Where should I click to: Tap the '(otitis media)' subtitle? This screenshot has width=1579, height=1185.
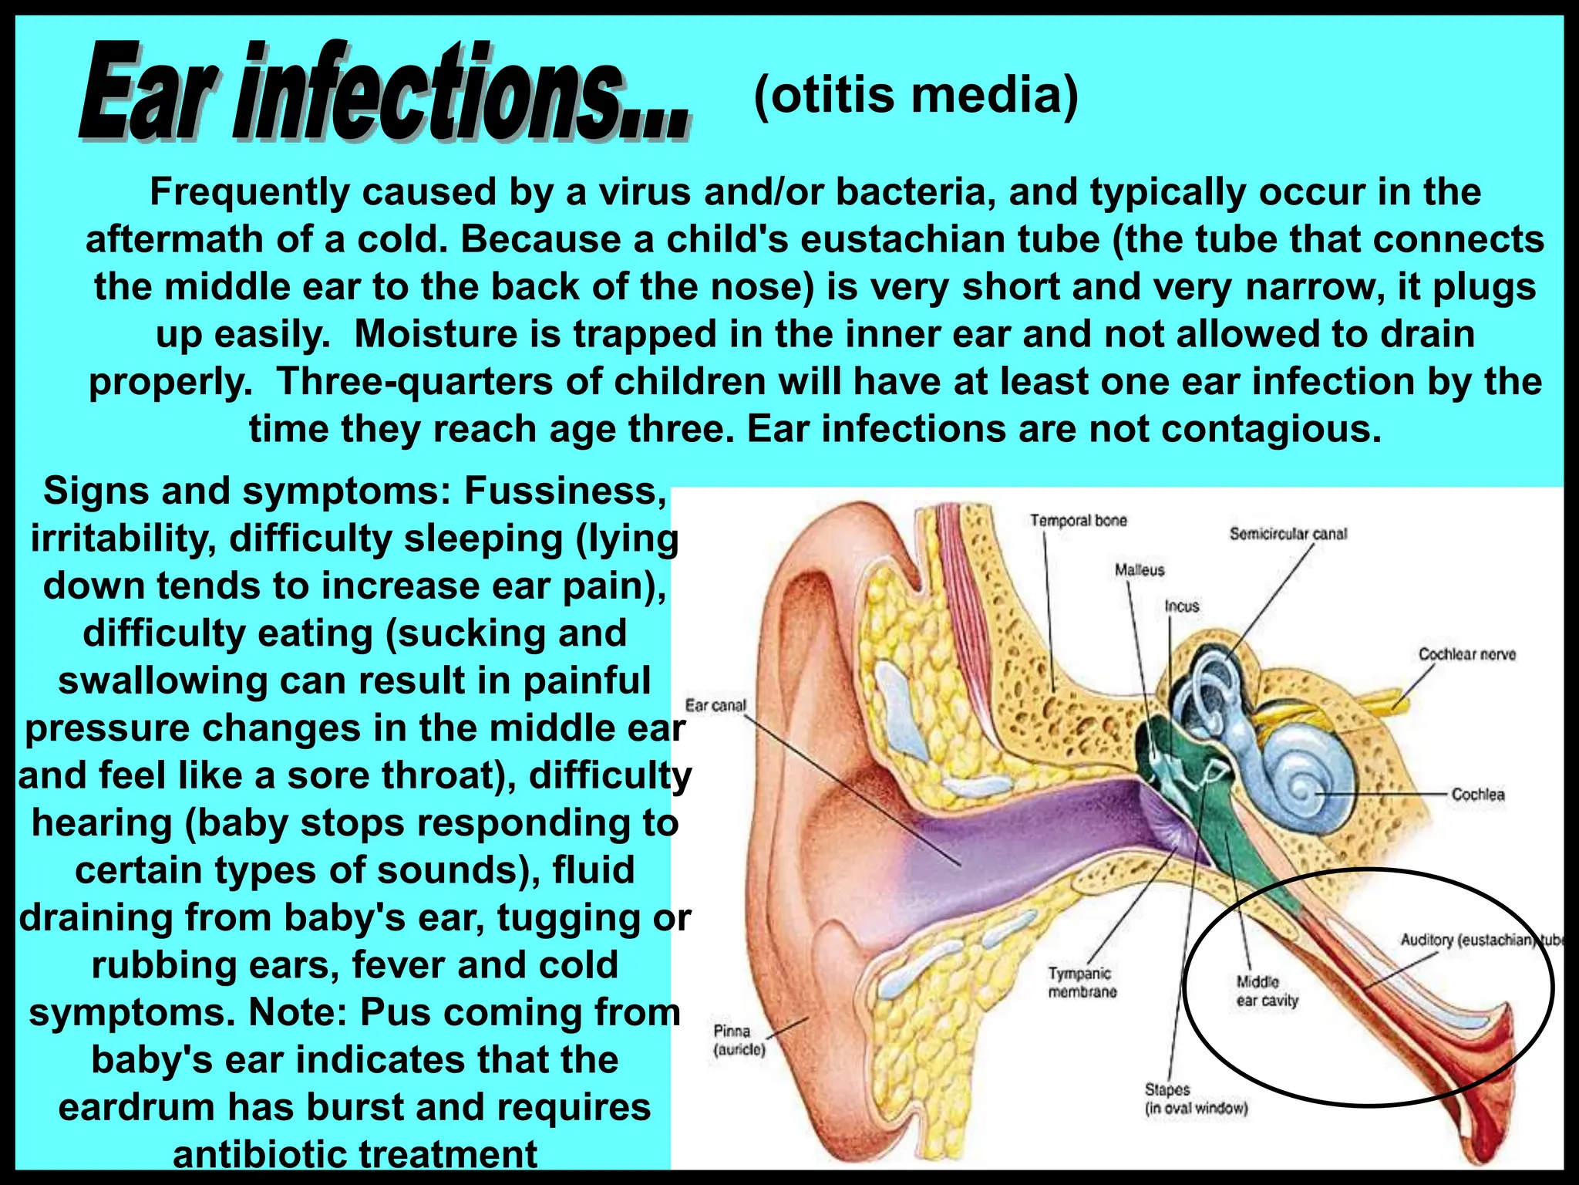click(x=915, y=96)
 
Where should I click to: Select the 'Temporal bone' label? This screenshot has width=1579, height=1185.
click(x=1078, y=521)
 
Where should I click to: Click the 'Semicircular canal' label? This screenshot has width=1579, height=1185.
click(x=1288, y=534)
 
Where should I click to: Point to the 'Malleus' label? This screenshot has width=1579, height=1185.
click(x=1139, y=570)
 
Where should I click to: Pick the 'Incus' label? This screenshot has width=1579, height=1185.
click(x=1181, y=606)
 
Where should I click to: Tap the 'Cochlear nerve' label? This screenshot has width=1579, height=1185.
click(x=1466, y=654)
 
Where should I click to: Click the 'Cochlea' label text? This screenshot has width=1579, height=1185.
click(x=1477, y=794)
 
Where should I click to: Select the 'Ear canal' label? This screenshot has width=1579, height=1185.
click(x=715, y=705)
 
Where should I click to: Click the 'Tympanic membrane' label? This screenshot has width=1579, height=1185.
click(x=1082, y=982)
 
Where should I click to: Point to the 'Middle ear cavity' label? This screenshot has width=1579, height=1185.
click(x=1267, y=991)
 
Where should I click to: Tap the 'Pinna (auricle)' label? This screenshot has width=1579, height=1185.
click(x=739, y=1040)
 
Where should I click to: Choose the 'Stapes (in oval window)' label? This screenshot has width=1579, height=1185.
click(x=1195, y=1099)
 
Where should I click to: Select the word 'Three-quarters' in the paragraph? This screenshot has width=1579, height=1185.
click(x=413, y=382)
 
